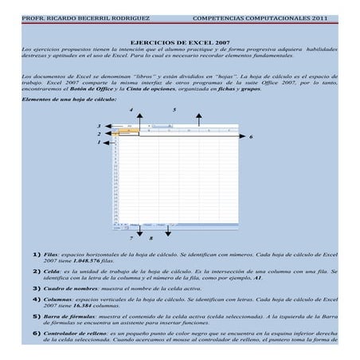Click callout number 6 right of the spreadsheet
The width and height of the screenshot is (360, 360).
click(251, 137)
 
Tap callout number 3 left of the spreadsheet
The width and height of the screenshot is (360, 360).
click(99, 126)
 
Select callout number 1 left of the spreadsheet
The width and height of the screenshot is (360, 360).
click(99, 143)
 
